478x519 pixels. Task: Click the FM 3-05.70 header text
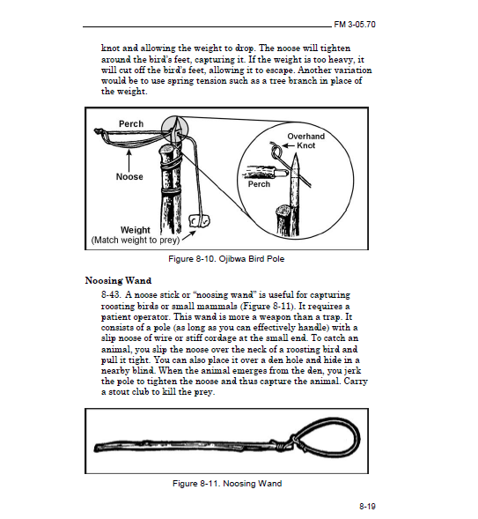355,25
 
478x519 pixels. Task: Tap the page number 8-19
367,506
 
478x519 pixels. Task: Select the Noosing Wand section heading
118,281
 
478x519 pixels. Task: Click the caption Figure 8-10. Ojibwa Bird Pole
226,258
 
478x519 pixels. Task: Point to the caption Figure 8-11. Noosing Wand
227,484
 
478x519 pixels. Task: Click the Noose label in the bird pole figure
129,176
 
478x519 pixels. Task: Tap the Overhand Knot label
305,141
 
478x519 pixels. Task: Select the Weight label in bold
136,230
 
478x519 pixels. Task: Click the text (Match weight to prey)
136,240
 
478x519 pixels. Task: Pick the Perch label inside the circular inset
259,184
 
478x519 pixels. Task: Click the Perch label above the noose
131,123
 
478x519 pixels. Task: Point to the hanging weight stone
199,221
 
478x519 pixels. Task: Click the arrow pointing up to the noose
129,160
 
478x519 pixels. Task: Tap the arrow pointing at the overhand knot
288,145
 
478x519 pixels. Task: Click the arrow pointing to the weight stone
188,235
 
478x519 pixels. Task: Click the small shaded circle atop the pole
175,129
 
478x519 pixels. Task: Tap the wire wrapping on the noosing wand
284,443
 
